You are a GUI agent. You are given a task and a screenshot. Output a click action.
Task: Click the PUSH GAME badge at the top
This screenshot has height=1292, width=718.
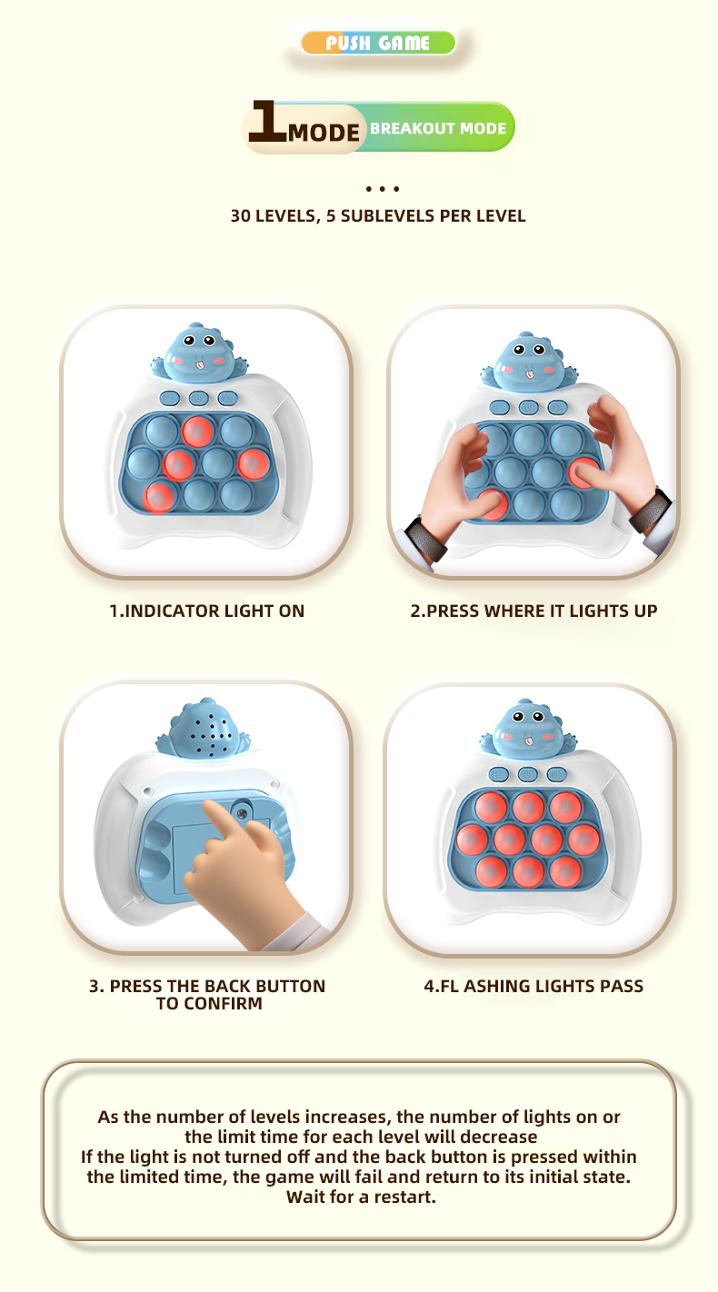pos(378,43)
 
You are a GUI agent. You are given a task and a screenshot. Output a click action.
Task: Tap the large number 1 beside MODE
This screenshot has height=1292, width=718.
pos(267,121)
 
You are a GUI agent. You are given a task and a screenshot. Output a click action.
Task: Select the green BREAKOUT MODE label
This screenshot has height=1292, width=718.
pos(438,127)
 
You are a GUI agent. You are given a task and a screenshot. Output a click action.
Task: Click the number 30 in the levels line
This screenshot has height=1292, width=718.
pos(240,215)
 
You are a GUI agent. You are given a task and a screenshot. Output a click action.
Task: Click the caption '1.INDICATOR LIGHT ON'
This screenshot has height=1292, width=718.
pos(206,611)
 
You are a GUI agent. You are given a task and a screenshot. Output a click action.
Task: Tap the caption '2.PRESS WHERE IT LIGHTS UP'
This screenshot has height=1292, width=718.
pos(534,611)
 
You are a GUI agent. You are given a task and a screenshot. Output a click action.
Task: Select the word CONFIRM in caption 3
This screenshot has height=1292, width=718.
pos(223,1004)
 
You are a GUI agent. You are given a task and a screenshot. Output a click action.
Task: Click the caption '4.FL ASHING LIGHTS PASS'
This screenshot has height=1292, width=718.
pos(534,986)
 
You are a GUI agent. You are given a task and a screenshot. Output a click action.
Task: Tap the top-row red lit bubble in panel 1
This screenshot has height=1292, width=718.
pos(198,431)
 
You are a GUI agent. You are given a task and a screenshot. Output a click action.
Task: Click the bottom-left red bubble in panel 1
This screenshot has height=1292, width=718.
pos(158,497)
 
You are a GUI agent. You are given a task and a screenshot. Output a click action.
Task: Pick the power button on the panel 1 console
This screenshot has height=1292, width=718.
pos(198,398)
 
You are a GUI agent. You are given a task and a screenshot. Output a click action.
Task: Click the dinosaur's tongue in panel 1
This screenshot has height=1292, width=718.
pos(200,364)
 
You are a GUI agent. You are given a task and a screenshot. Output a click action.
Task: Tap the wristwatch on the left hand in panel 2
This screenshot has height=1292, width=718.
pos(424,538)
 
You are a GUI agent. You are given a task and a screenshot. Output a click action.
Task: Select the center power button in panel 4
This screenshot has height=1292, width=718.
pos(527,775)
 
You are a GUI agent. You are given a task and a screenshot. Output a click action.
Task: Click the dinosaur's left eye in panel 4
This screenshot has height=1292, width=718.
pos(518,717)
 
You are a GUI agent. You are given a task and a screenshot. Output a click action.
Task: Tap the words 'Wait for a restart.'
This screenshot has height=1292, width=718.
pos(361,1197)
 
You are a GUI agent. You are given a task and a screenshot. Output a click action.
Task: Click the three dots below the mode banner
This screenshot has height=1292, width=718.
pos(382,189)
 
